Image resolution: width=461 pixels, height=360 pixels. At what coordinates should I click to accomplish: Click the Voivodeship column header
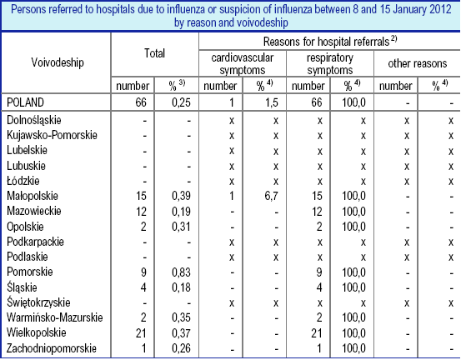[x=58, y=62]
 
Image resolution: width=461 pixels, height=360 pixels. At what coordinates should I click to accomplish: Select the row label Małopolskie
[x=33, y=196]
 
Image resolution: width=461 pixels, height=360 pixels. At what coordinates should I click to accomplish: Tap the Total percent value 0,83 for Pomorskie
[x=181, y=272]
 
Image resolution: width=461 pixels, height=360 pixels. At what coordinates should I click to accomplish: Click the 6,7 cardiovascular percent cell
[x=272, y=196]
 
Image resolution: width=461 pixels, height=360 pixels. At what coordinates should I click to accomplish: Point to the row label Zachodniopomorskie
[x=52, y=348]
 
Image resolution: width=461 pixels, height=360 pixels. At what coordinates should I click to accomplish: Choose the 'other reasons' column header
[x=417, y=63]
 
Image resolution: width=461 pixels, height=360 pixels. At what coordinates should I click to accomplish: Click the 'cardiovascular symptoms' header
[x=243, y=64]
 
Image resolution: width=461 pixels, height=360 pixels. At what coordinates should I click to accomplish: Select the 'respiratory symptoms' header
[x=330, y=64]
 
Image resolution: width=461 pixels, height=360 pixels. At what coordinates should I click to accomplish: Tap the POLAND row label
[x=25, y=102]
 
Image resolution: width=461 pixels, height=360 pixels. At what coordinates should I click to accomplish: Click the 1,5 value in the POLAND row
[x=272, y=102]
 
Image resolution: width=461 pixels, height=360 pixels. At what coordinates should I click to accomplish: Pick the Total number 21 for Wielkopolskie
[x=141, y=333]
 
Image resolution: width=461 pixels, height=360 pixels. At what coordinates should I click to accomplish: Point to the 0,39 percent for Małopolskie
[x=181, y=196]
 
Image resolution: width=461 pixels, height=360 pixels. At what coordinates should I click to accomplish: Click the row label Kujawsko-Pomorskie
[x=52, y=135]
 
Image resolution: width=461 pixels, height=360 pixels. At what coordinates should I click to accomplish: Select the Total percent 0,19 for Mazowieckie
[x=181, y=212]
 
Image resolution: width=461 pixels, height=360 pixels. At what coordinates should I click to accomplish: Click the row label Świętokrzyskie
[x=38, y=302]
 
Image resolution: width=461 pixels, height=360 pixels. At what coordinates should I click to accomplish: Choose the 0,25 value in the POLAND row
[x=181, y=102]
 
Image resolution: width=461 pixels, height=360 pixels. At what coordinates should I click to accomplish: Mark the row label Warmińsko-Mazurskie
[x=55, y=317]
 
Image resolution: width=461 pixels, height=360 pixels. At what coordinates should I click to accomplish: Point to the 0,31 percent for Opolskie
[x=181, y=227]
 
